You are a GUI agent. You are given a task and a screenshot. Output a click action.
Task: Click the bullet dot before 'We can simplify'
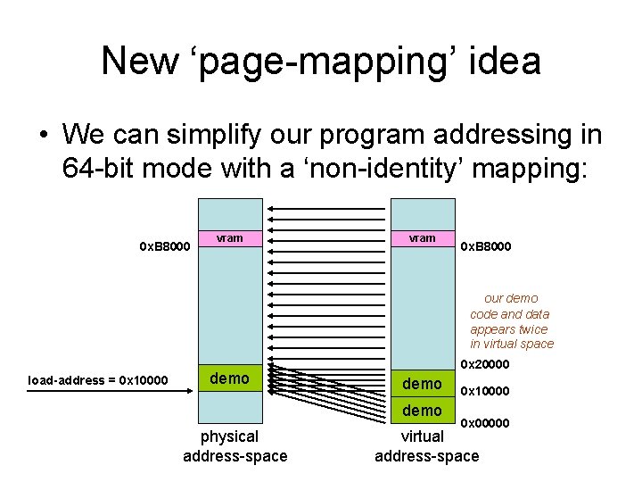coord(42,136)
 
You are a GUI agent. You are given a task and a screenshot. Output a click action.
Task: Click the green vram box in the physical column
coord(230,238)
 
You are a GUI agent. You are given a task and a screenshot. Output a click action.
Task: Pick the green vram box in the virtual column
coord(422,238)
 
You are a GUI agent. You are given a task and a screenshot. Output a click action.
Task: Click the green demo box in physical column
coord(230,378)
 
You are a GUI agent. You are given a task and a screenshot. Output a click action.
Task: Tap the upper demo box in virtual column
coord(422,384)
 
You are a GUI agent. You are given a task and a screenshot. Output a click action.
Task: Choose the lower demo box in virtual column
coord(422,411)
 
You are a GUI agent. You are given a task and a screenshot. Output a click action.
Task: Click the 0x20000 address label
coord(485,364)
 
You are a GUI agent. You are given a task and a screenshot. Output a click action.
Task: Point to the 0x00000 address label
coord(485,423)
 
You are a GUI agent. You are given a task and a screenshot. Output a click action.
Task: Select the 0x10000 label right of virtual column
coord(485,391)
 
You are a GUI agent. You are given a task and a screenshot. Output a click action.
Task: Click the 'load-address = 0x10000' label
coord(97,380)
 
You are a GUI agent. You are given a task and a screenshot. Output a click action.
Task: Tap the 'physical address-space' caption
coord(235,446)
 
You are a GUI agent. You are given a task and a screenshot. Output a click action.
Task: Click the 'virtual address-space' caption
coord(426,446)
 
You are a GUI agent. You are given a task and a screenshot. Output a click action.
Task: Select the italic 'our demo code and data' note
coord(512,321)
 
